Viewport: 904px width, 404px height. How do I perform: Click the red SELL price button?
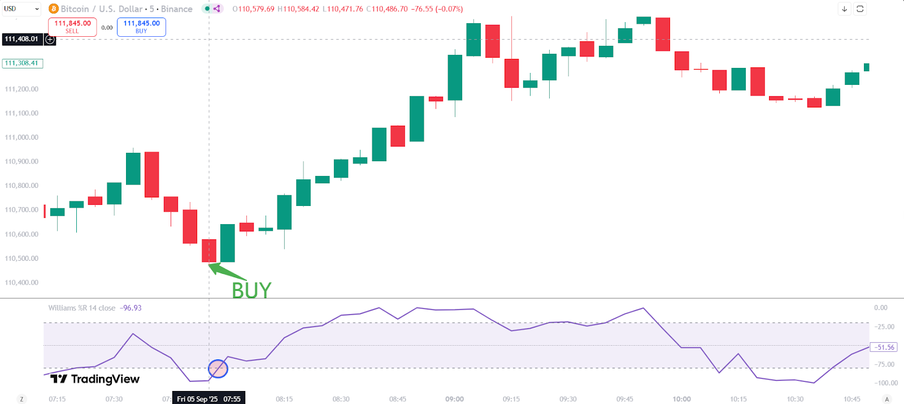click(72, 27)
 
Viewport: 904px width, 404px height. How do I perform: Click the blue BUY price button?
click(141, 27)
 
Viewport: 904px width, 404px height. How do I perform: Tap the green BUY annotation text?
click(251, 290)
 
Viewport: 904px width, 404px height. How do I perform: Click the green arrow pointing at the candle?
click(227, 272)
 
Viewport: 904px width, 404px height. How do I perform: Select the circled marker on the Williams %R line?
click(218, 369)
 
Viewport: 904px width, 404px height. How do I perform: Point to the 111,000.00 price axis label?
click(21, 137)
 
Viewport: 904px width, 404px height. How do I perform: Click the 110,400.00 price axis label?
click(21, 282)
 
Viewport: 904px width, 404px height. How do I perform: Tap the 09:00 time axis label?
click(454, 399)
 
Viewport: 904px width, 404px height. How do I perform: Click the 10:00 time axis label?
click(681, 399)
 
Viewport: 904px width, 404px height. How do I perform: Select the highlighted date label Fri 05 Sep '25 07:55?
click(208, 399)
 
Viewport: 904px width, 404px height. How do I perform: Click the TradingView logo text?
click(95, 379)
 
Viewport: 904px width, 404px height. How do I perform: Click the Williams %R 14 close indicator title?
click(82, 308)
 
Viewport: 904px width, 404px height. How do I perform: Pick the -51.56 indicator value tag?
click(884, 347)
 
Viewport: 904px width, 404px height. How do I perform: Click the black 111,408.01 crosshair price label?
click(21, 39)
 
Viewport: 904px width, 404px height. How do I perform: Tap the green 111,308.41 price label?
click(22, 63)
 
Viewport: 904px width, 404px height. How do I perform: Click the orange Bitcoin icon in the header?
click(54, 9)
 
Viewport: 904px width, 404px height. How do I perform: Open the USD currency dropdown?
click(21, 8)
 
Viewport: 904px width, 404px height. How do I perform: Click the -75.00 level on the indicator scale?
click(885, 364)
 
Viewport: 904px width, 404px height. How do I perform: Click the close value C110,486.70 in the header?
click(387, 9)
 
